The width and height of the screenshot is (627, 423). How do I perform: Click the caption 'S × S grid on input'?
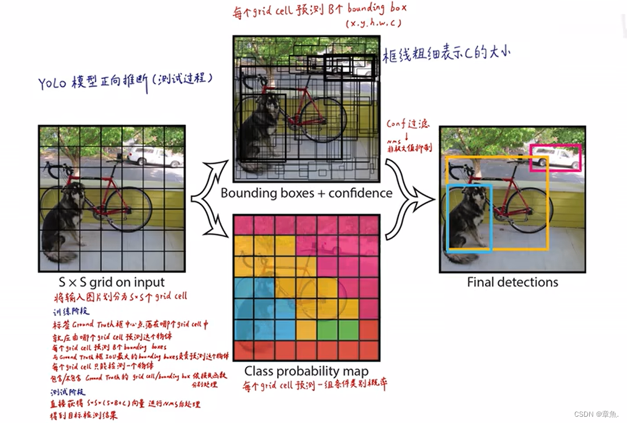pyautogui.click(x=112, y=282)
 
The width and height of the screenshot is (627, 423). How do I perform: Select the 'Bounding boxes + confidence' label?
pyautogui.click(x=306, y=193)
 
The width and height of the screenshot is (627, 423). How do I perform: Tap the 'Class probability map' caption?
pyautogui.click(x=306, y=371)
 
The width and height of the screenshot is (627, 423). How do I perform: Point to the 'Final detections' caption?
pyautogui.click(x=512, y=282)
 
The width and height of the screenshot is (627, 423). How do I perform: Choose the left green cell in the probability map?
pyautogui.click(x=327, y=329)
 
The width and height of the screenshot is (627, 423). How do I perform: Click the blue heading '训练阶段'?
pyautogui.click(x=67, y=313)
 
